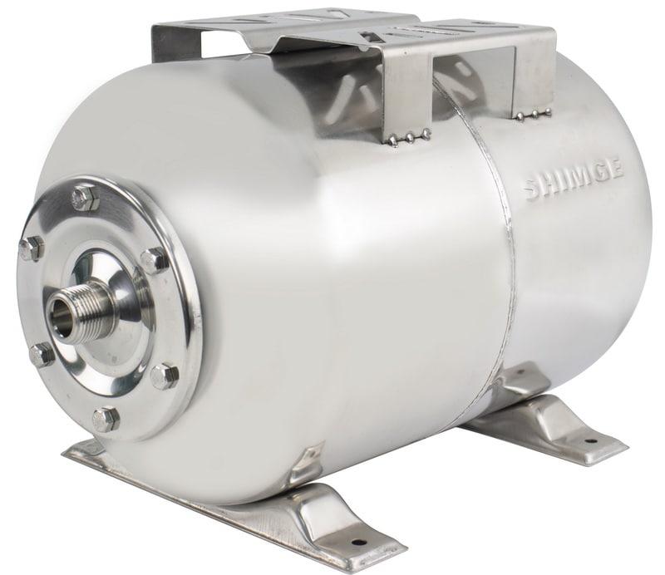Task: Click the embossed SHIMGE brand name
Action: pos(574,178)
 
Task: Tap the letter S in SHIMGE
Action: pos(532,190)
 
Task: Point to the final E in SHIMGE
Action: pos(617,167)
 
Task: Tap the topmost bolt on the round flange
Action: pos(86,199)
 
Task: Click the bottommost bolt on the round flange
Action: pos(105,419)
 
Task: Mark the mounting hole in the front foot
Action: pos(359,541)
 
